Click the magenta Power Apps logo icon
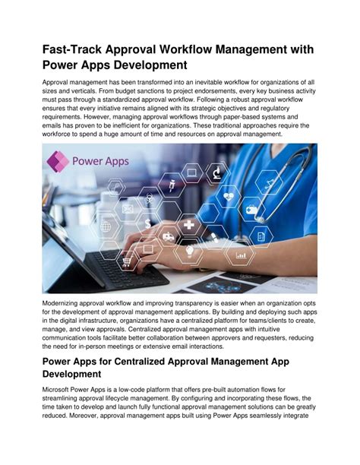(56, 162)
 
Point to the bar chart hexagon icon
(242, 255)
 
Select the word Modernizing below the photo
(66, 303)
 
